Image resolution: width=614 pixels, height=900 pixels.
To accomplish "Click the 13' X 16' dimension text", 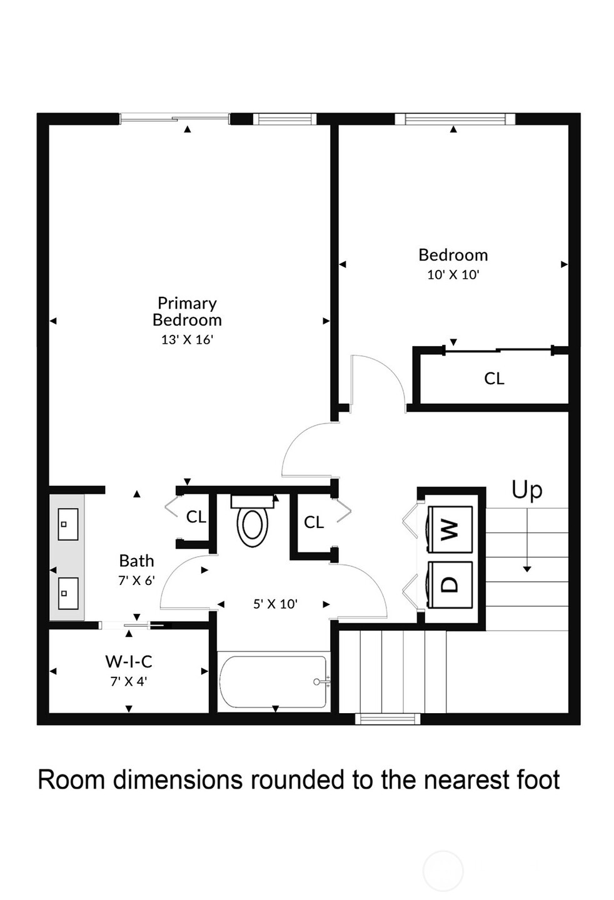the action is (x=187, y=340).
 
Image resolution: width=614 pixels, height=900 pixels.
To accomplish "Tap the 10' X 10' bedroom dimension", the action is (x=453, y=275).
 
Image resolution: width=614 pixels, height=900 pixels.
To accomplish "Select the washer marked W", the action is (x=450, y=529).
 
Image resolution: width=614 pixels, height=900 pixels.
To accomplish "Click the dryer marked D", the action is (x=450, y=584).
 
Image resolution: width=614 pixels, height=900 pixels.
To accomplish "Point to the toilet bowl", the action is (x=253, y=524).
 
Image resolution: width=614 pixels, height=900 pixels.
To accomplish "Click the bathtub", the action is (x=273, y=682).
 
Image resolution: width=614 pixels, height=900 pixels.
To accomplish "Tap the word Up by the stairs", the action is (x=527, y=490).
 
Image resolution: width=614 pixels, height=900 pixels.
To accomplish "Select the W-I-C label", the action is (x=129, y=661).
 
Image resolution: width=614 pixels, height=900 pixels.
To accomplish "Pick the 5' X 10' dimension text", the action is (x=275, y=604).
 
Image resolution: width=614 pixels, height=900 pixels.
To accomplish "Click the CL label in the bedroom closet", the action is (x=494, y=379).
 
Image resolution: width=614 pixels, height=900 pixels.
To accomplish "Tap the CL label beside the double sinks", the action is (x=196, y=517).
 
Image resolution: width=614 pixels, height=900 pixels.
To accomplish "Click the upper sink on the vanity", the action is (x=68, y=524).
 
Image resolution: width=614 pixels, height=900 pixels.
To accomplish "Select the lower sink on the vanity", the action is (x=68, y=594).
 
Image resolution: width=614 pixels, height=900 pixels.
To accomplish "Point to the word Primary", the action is (x=187, y=304).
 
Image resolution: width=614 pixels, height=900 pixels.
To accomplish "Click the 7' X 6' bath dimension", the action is (x=137, y=581).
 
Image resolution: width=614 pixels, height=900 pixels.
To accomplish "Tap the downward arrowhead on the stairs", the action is (x=527, y=569).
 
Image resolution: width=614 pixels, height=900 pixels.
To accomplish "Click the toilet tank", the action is (x=253, y=501).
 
